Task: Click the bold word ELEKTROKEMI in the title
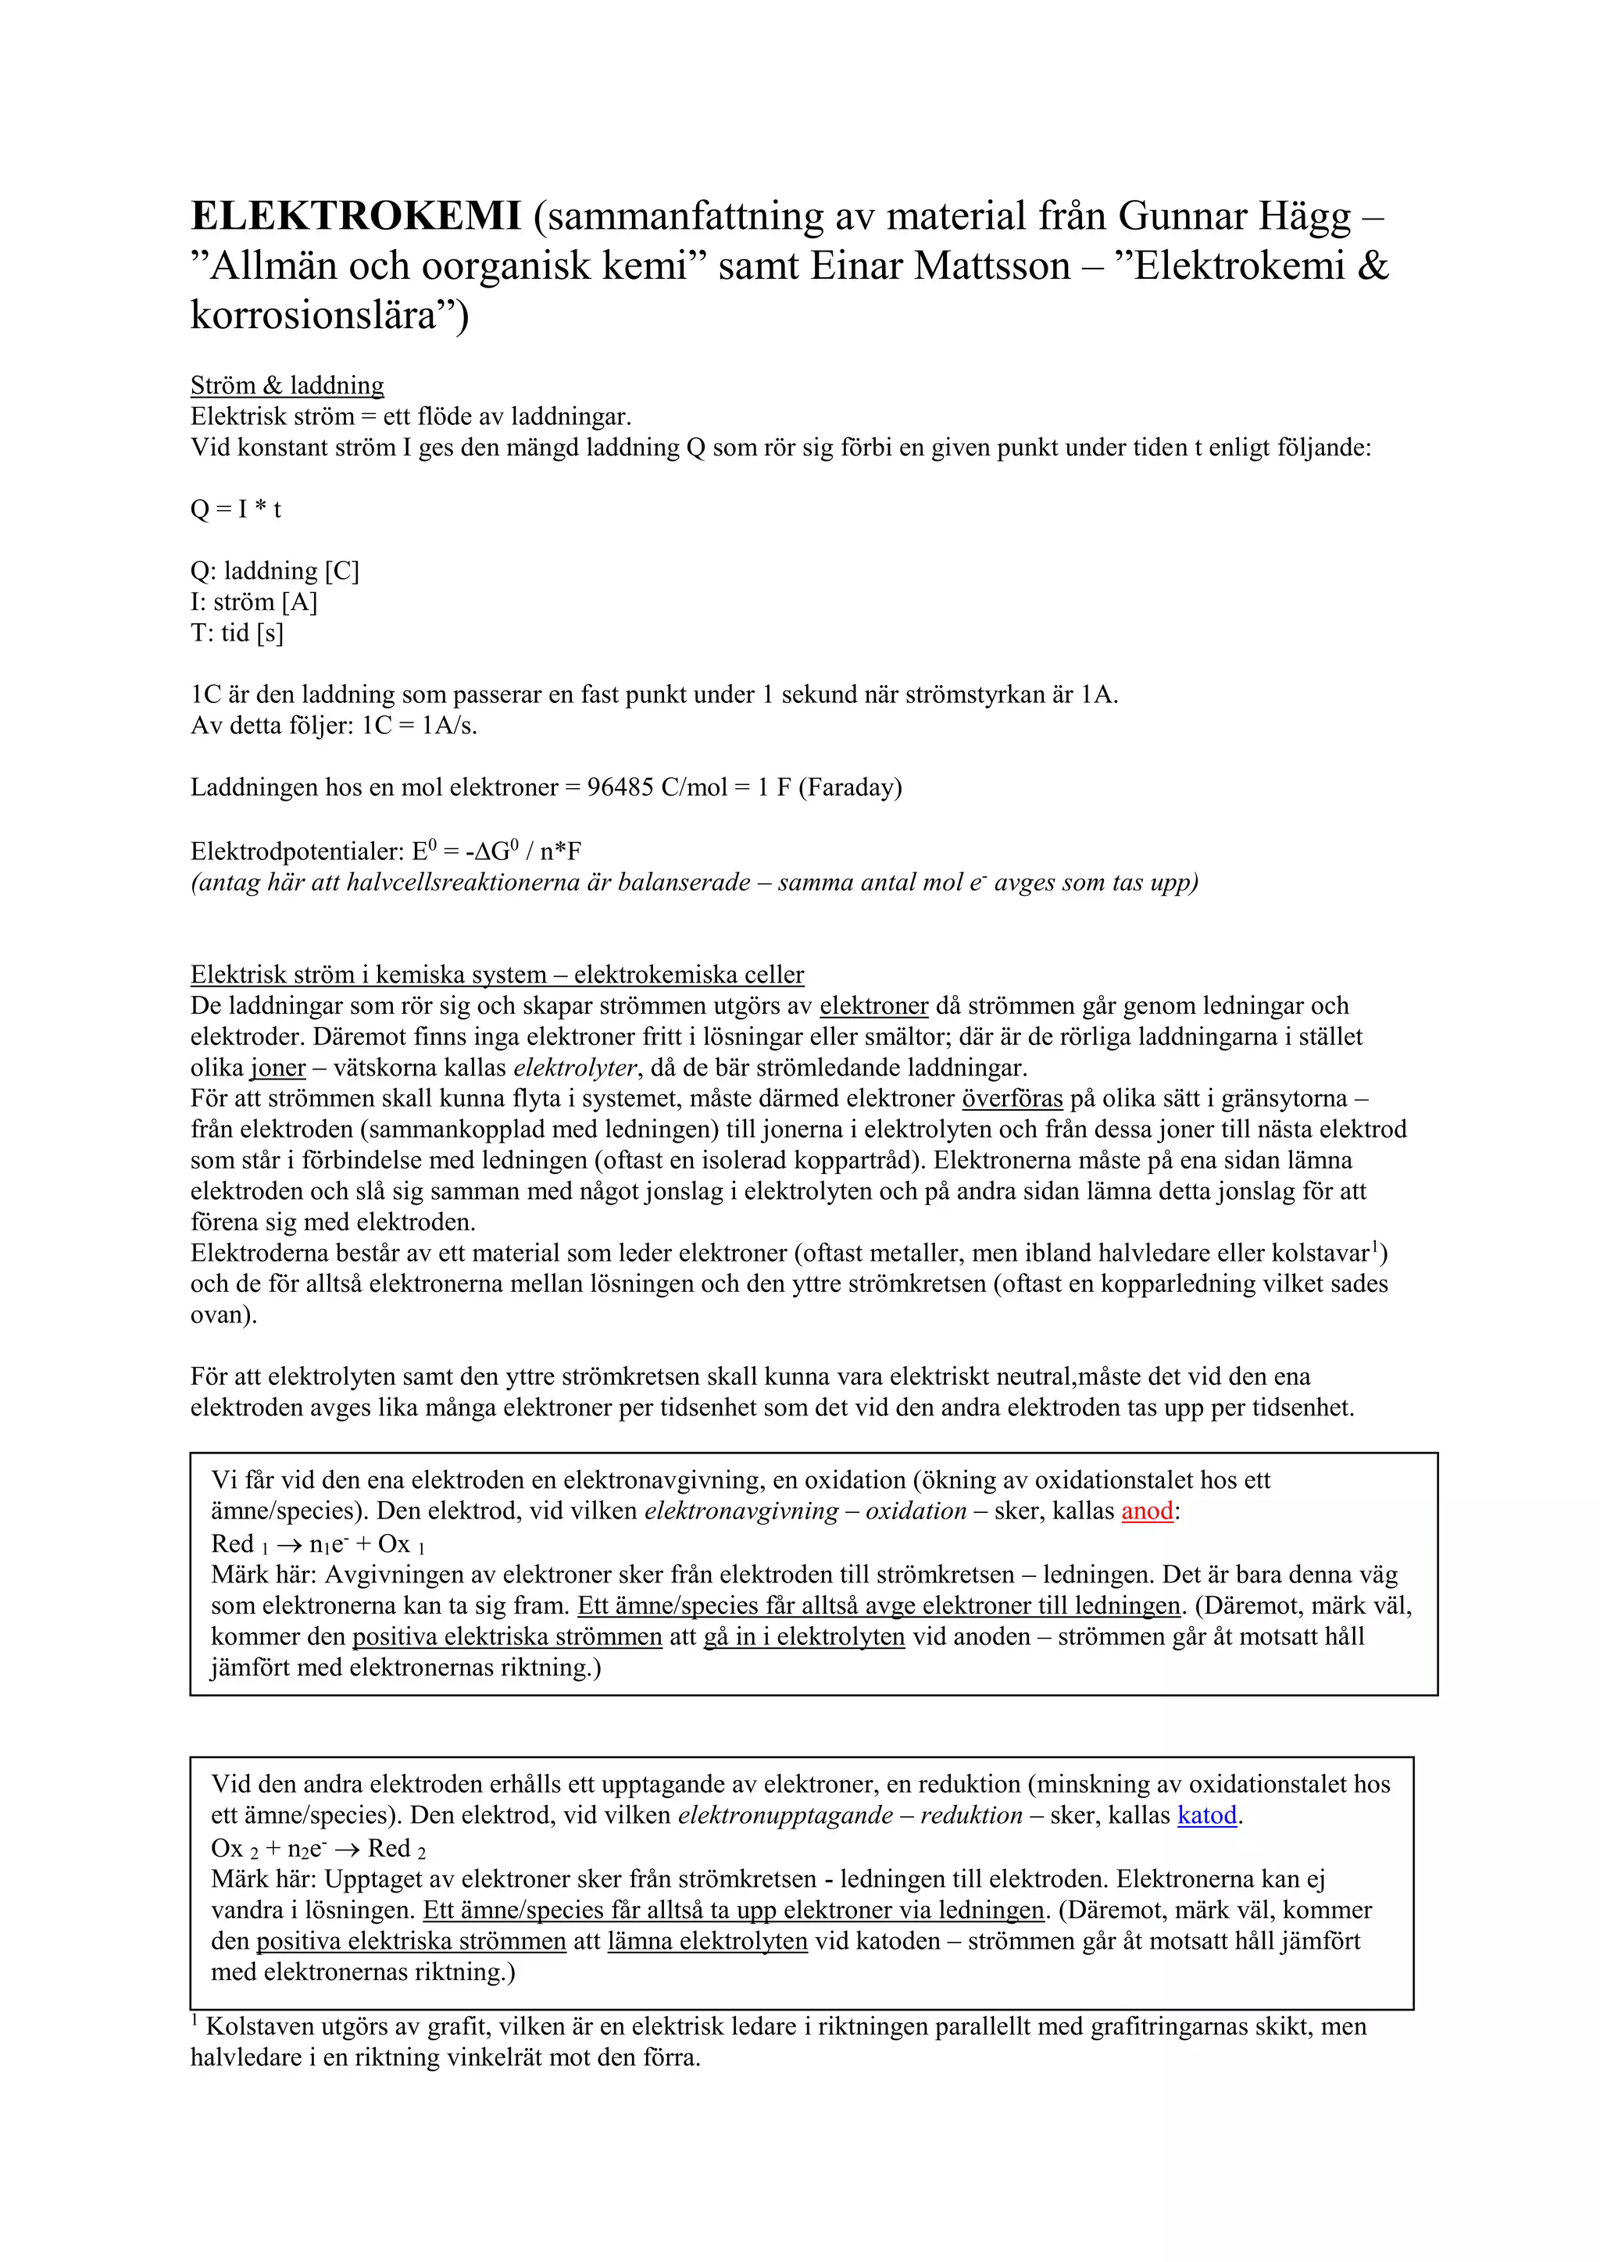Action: click(355, 216)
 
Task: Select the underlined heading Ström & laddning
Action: click(287, 385)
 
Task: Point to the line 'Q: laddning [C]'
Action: click(274, 572)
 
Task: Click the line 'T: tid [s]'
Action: click(237, 633)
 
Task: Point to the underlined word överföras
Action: click(1012, 1098)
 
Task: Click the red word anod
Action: click(1147, 1511)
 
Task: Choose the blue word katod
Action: click(1207, 1816)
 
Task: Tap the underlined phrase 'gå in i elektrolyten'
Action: click(803, 1636)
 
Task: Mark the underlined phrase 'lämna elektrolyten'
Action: click(706, 1941)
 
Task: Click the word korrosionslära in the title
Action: click(312, 316)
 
